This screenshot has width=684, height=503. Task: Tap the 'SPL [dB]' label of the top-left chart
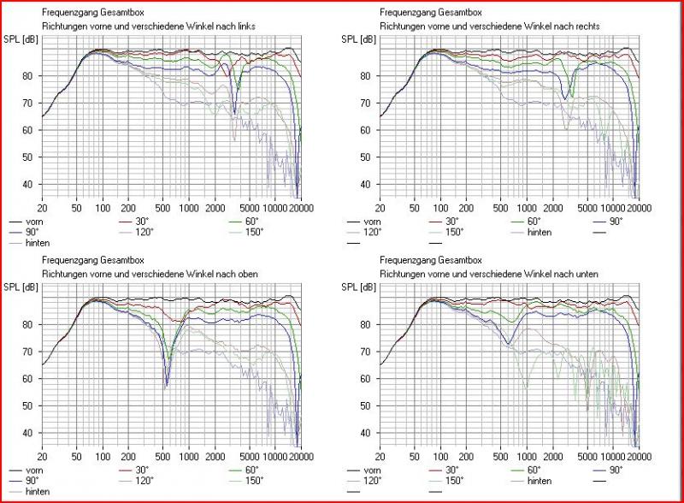tap(22, 39)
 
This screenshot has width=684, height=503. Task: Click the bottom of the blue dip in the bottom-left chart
tap(167, 387)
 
